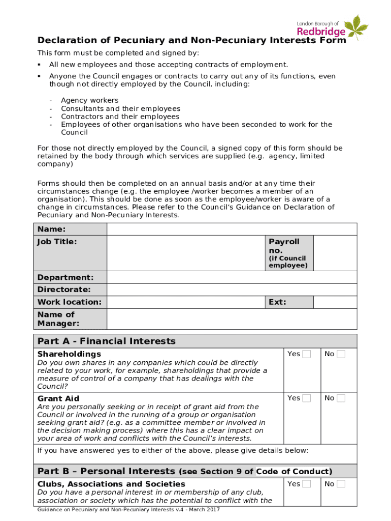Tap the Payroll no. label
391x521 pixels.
[284, 246]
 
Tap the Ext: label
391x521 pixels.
[277, 302]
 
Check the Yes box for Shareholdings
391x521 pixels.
[306, 354]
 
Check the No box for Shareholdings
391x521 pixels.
[341, 354]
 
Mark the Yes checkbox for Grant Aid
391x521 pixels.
[306, 398]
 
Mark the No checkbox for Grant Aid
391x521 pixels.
[341, 398]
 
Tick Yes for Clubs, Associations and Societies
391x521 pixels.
[306, 484]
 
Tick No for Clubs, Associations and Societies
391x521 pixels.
[341, 484]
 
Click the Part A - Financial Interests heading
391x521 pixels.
[107, 341]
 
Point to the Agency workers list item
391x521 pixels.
[89, 100]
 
